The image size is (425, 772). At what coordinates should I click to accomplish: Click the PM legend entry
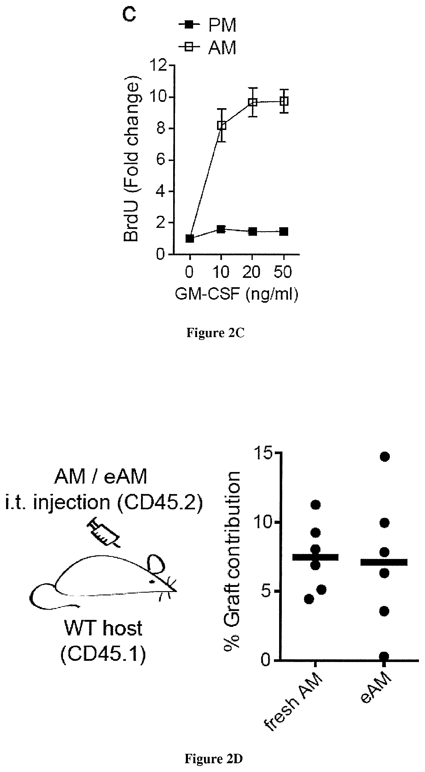point(207,25)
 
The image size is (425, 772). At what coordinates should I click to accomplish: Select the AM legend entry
point(207,48)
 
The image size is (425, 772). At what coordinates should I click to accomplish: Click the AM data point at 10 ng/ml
point(222,125)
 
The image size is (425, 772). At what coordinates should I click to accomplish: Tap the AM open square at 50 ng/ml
point(284,101)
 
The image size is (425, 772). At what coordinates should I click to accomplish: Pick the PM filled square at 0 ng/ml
point(190,238)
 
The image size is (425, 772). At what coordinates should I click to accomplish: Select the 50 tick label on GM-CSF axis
point(284,272)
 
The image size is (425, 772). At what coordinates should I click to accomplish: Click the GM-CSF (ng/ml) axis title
point(236,294)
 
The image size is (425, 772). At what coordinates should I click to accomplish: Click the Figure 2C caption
point(215,333)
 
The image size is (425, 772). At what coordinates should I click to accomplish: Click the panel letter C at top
point(129,14)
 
